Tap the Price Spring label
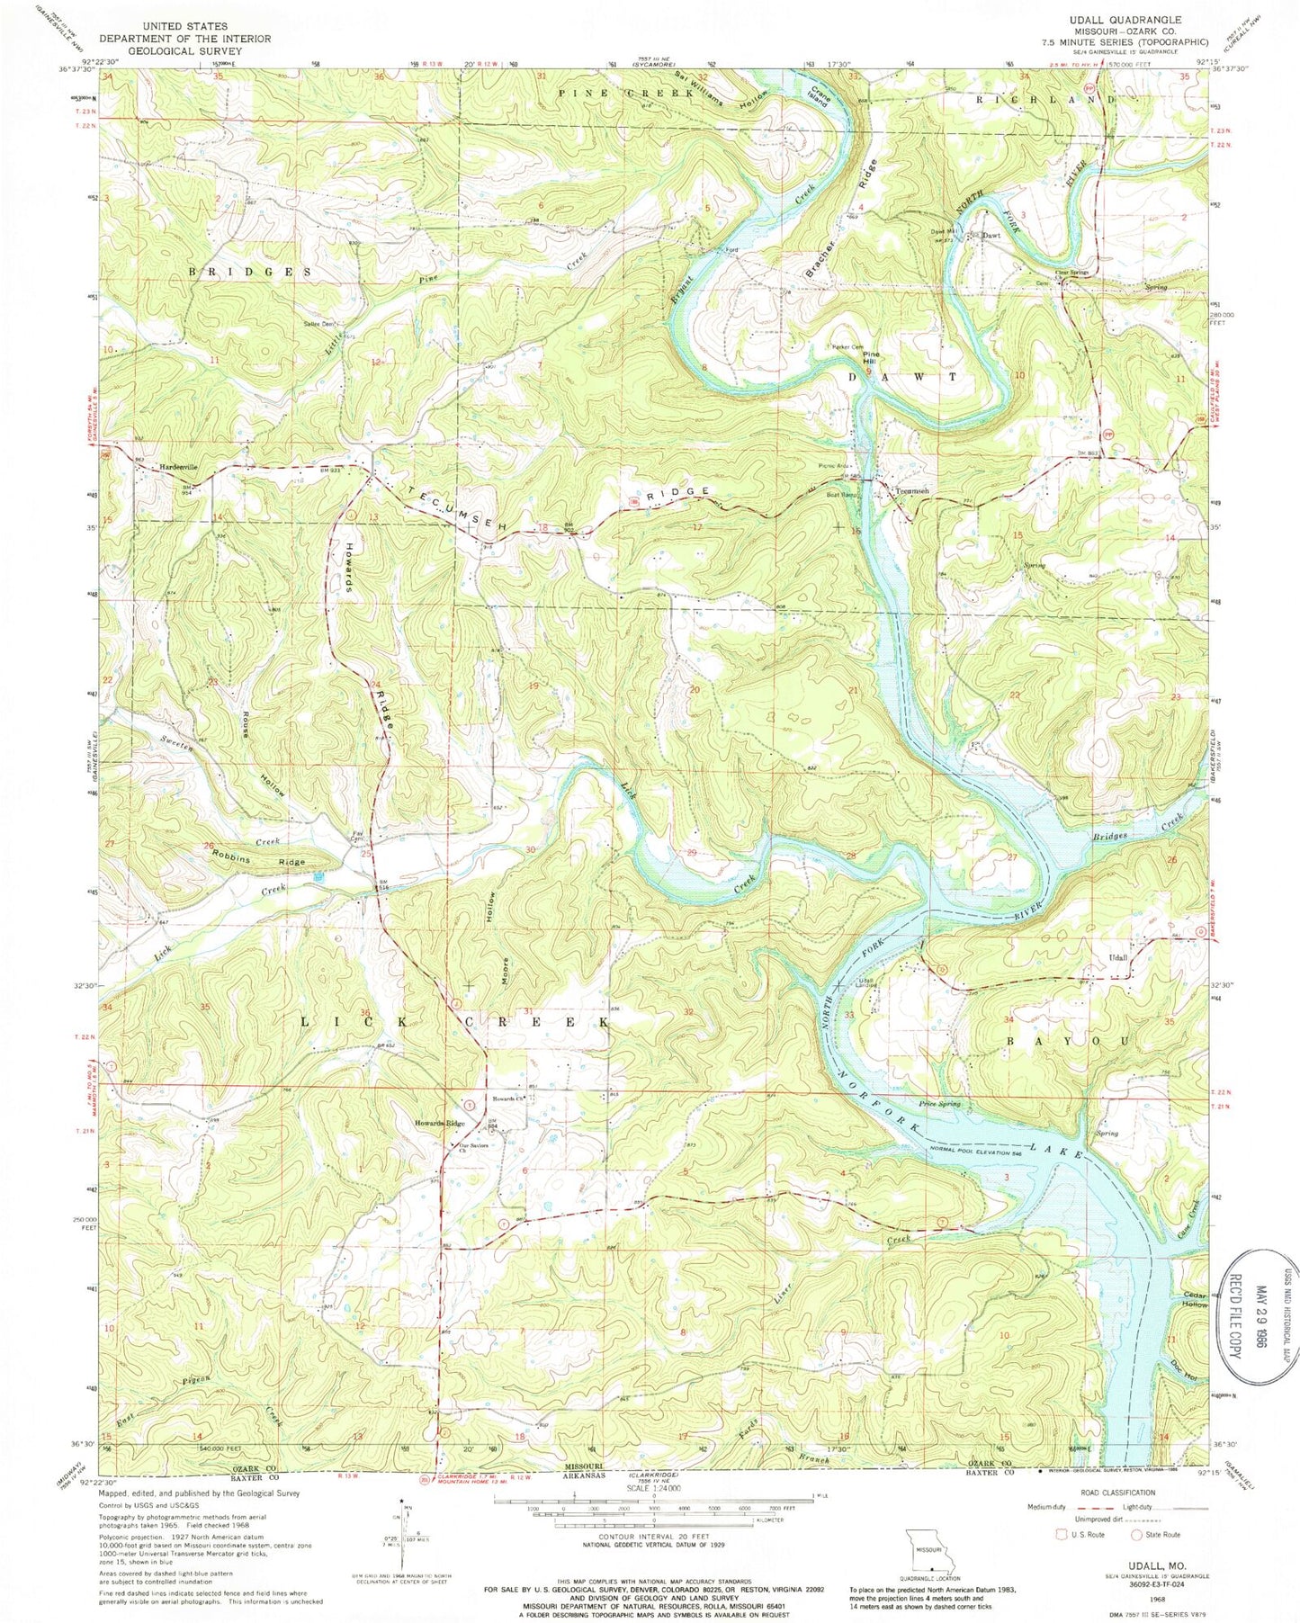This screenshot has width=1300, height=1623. click(939, 1103)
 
